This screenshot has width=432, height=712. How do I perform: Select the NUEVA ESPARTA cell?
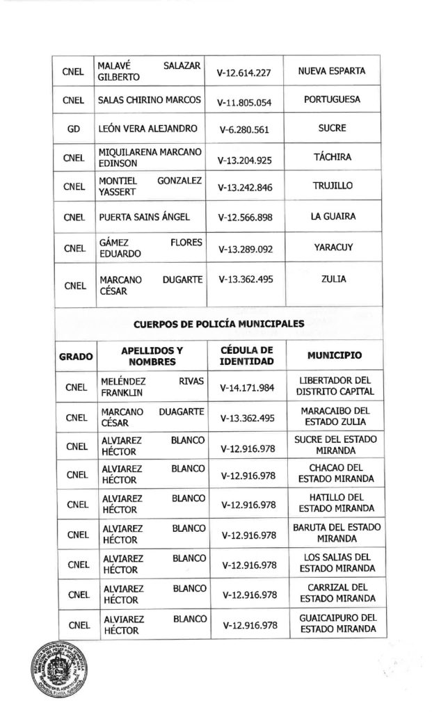click(x=332, y=71)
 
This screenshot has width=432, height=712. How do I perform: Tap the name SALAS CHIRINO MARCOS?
click(x=150, y=100)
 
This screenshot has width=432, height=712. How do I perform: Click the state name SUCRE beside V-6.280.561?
click(x=332, y=129)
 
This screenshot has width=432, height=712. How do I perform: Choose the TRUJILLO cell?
click(x=332, y=186)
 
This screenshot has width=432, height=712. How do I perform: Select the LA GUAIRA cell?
click(x=332, y=216)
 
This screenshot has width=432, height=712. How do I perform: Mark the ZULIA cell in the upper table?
click(x=332, y=280)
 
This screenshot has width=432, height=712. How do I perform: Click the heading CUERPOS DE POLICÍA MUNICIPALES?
click(x=218, y=323)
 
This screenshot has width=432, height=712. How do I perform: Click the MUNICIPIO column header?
click(x=332, y=355)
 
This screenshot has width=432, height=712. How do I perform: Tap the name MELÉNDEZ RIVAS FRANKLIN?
click(x=150, y=387)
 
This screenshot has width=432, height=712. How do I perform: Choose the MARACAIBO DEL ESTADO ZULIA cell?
click(x=332, y=416)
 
